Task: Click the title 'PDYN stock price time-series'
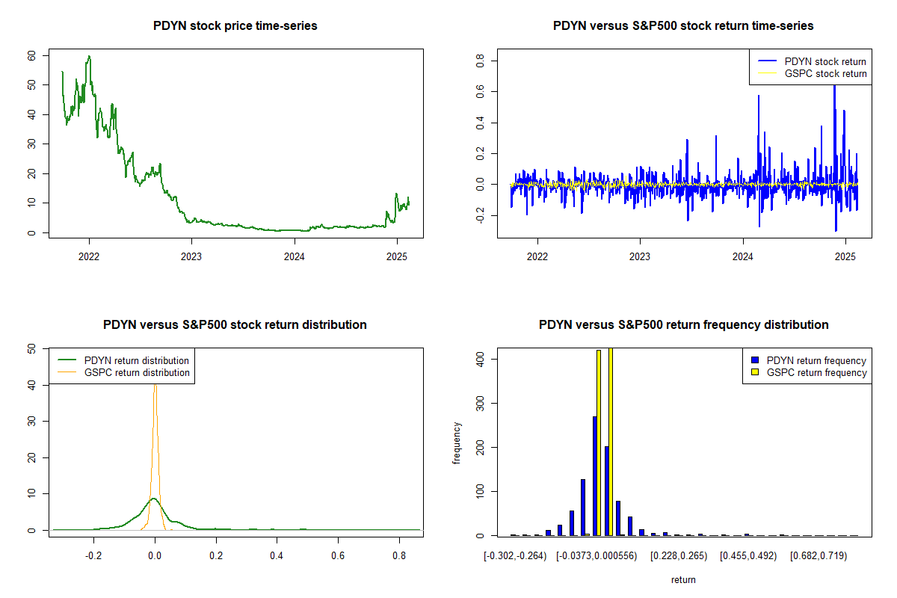tap(235, 26)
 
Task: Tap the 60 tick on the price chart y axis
tap(31, 56)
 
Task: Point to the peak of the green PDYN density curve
tap(154, 498)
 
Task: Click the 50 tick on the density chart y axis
tap(31, 348)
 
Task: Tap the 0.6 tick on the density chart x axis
tap(338, 556)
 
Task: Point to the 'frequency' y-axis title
tap(457, 443)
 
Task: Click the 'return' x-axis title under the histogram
tap(683, 579)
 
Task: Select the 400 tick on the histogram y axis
tap(480, 360)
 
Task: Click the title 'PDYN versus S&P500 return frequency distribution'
tap(683, 325)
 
